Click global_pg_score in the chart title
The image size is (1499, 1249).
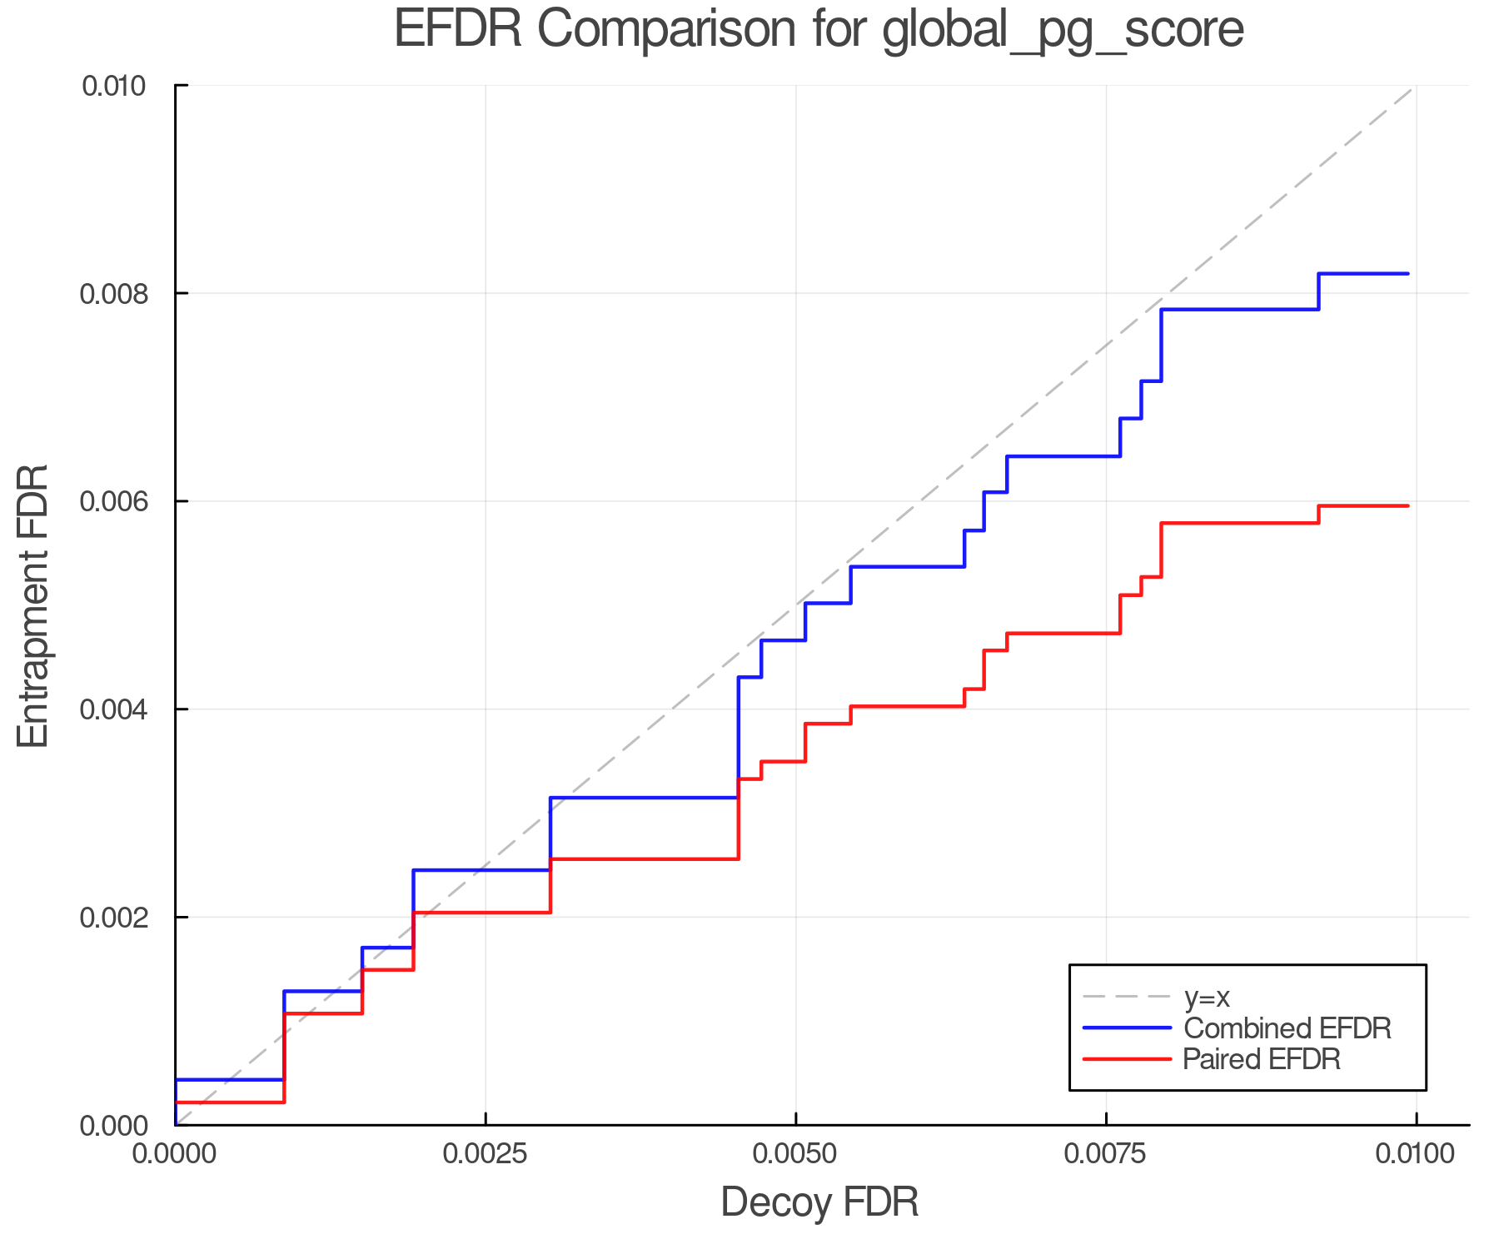click(x=1063, y=30)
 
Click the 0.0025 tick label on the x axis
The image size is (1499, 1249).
click(x=486, y=1154)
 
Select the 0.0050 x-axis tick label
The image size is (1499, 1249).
click(x=796, y=1154)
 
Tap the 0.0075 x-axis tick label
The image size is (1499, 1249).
click(x=1106, y=1154)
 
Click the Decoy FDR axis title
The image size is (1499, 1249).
click(x=819, y=1202)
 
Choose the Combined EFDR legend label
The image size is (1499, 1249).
click(x=1287, y=1028)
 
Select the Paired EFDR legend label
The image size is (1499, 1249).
click(x=1262, y=1059)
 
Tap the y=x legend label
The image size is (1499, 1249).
click(x=1207, y=998)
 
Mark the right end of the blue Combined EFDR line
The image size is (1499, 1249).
click(x=1407, y=273)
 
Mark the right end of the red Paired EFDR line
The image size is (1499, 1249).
click(x=1407, y=505)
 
